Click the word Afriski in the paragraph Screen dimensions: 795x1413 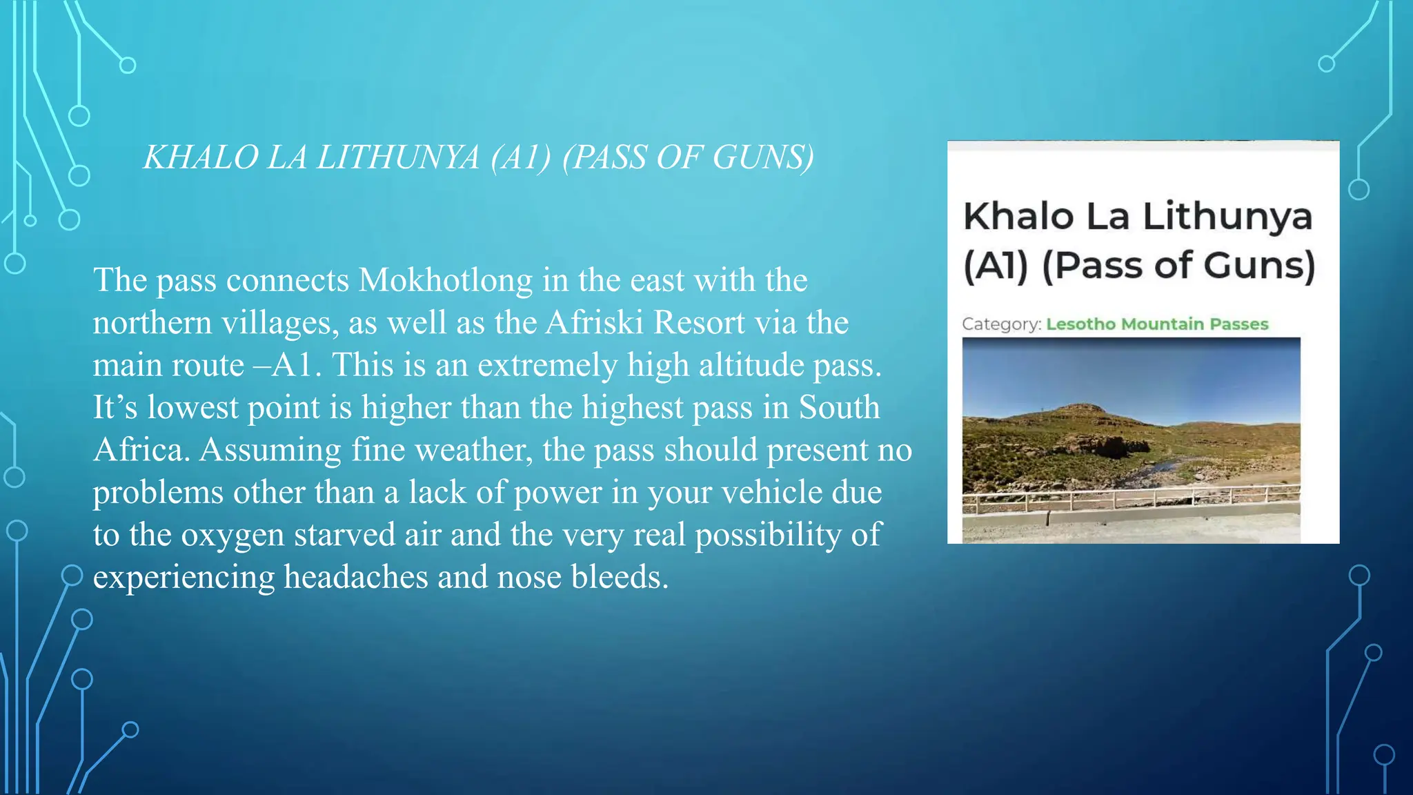point(594,322)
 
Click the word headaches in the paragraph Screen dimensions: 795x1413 point(356,577)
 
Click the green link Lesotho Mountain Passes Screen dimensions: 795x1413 point(1157,324)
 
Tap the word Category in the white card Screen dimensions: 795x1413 point(1001,324)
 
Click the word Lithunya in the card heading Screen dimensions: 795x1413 point(1227,216)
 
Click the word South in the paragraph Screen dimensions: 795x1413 point(839,407)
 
